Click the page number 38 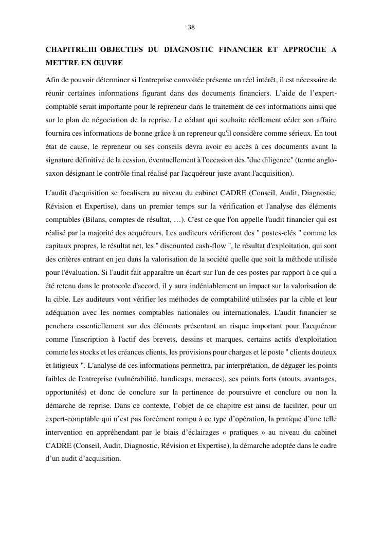pyautogui.click(x=191, y=27)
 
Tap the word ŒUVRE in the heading pyautogui.click(x=108, y=63)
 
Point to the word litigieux pyautogui.click(x=66, y=366)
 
